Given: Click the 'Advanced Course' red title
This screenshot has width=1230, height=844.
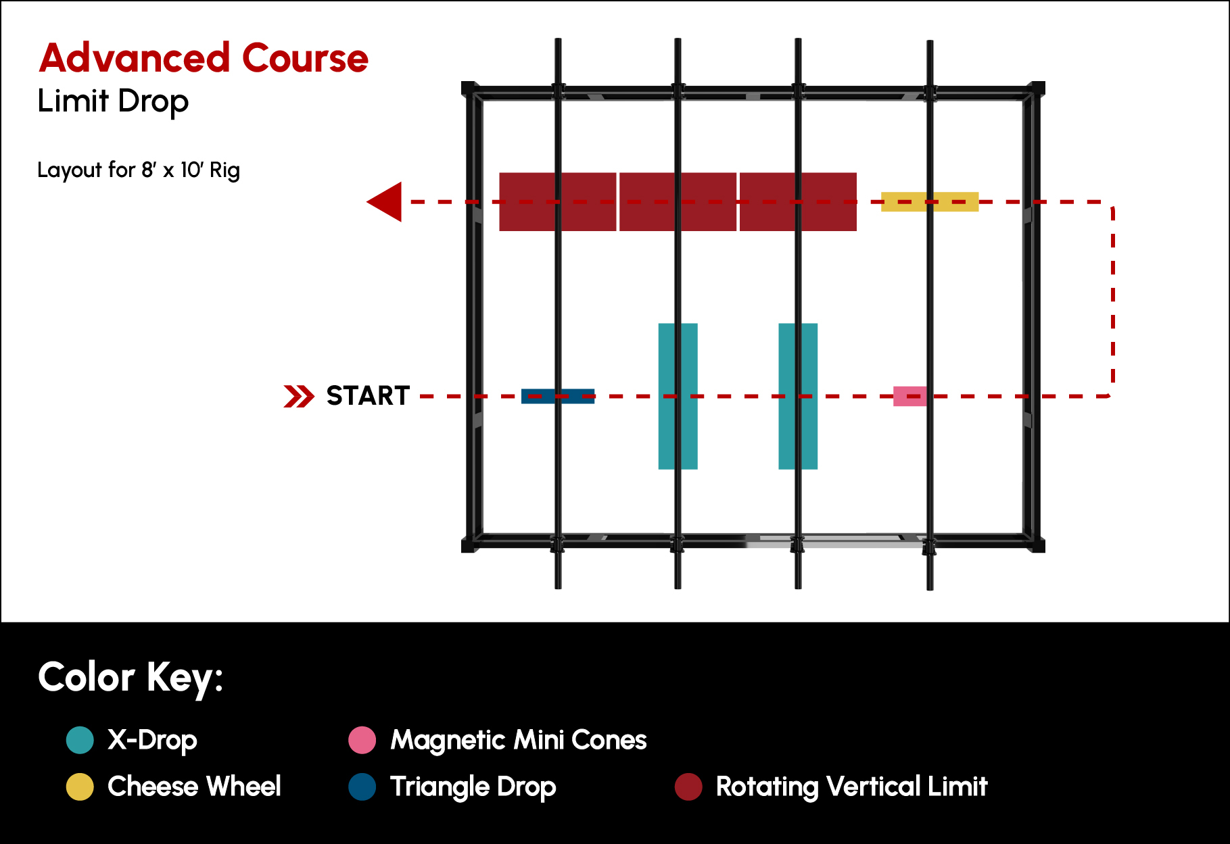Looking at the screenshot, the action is [x=204, y=58].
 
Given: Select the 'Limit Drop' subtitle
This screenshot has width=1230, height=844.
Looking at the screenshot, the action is [x=113, y=101].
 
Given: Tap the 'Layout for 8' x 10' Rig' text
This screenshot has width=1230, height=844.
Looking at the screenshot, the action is [x=139, y=170].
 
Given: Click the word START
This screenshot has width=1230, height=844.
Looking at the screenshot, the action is [x=368, y=395].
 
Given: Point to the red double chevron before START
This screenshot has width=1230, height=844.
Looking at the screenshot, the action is [x=299, y=396].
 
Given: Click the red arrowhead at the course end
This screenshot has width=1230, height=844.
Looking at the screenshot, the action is [x=384, y=201].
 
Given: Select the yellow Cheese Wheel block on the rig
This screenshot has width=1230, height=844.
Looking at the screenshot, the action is [x=930, y=201].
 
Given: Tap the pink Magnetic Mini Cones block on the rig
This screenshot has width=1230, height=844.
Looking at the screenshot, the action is [x=910, y=396].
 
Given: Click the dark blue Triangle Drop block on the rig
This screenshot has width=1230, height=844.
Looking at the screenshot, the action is [x=558, y=396].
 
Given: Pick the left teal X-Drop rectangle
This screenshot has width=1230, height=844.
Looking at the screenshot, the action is [x=678, y=396].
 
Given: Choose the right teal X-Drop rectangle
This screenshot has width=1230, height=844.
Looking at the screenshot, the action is [x=798, y=396].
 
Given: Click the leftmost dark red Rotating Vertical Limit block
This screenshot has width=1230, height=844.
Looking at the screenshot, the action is [x=558, y=202].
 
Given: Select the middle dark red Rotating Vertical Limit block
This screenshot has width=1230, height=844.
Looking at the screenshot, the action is [x=678, y=202].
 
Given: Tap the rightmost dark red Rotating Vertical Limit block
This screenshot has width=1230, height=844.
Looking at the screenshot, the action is [x=798, y=202].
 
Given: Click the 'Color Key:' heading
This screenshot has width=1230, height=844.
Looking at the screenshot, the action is [x=131, y=677].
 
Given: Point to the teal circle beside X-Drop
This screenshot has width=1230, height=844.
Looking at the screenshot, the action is [x=80, y=740].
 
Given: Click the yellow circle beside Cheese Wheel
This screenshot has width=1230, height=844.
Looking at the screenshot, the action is [x=80, y=787].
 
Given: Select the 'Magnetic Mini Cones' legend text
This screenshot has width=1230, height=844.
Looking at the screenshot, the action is [x=519, y=740].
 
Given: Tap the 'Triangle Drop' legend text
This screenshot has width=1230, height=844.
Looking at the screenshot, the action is [x=473, y=787].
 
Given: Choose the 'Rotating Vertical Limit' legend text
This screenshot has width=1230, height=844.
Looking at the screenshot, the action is [x=852, y=787].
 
